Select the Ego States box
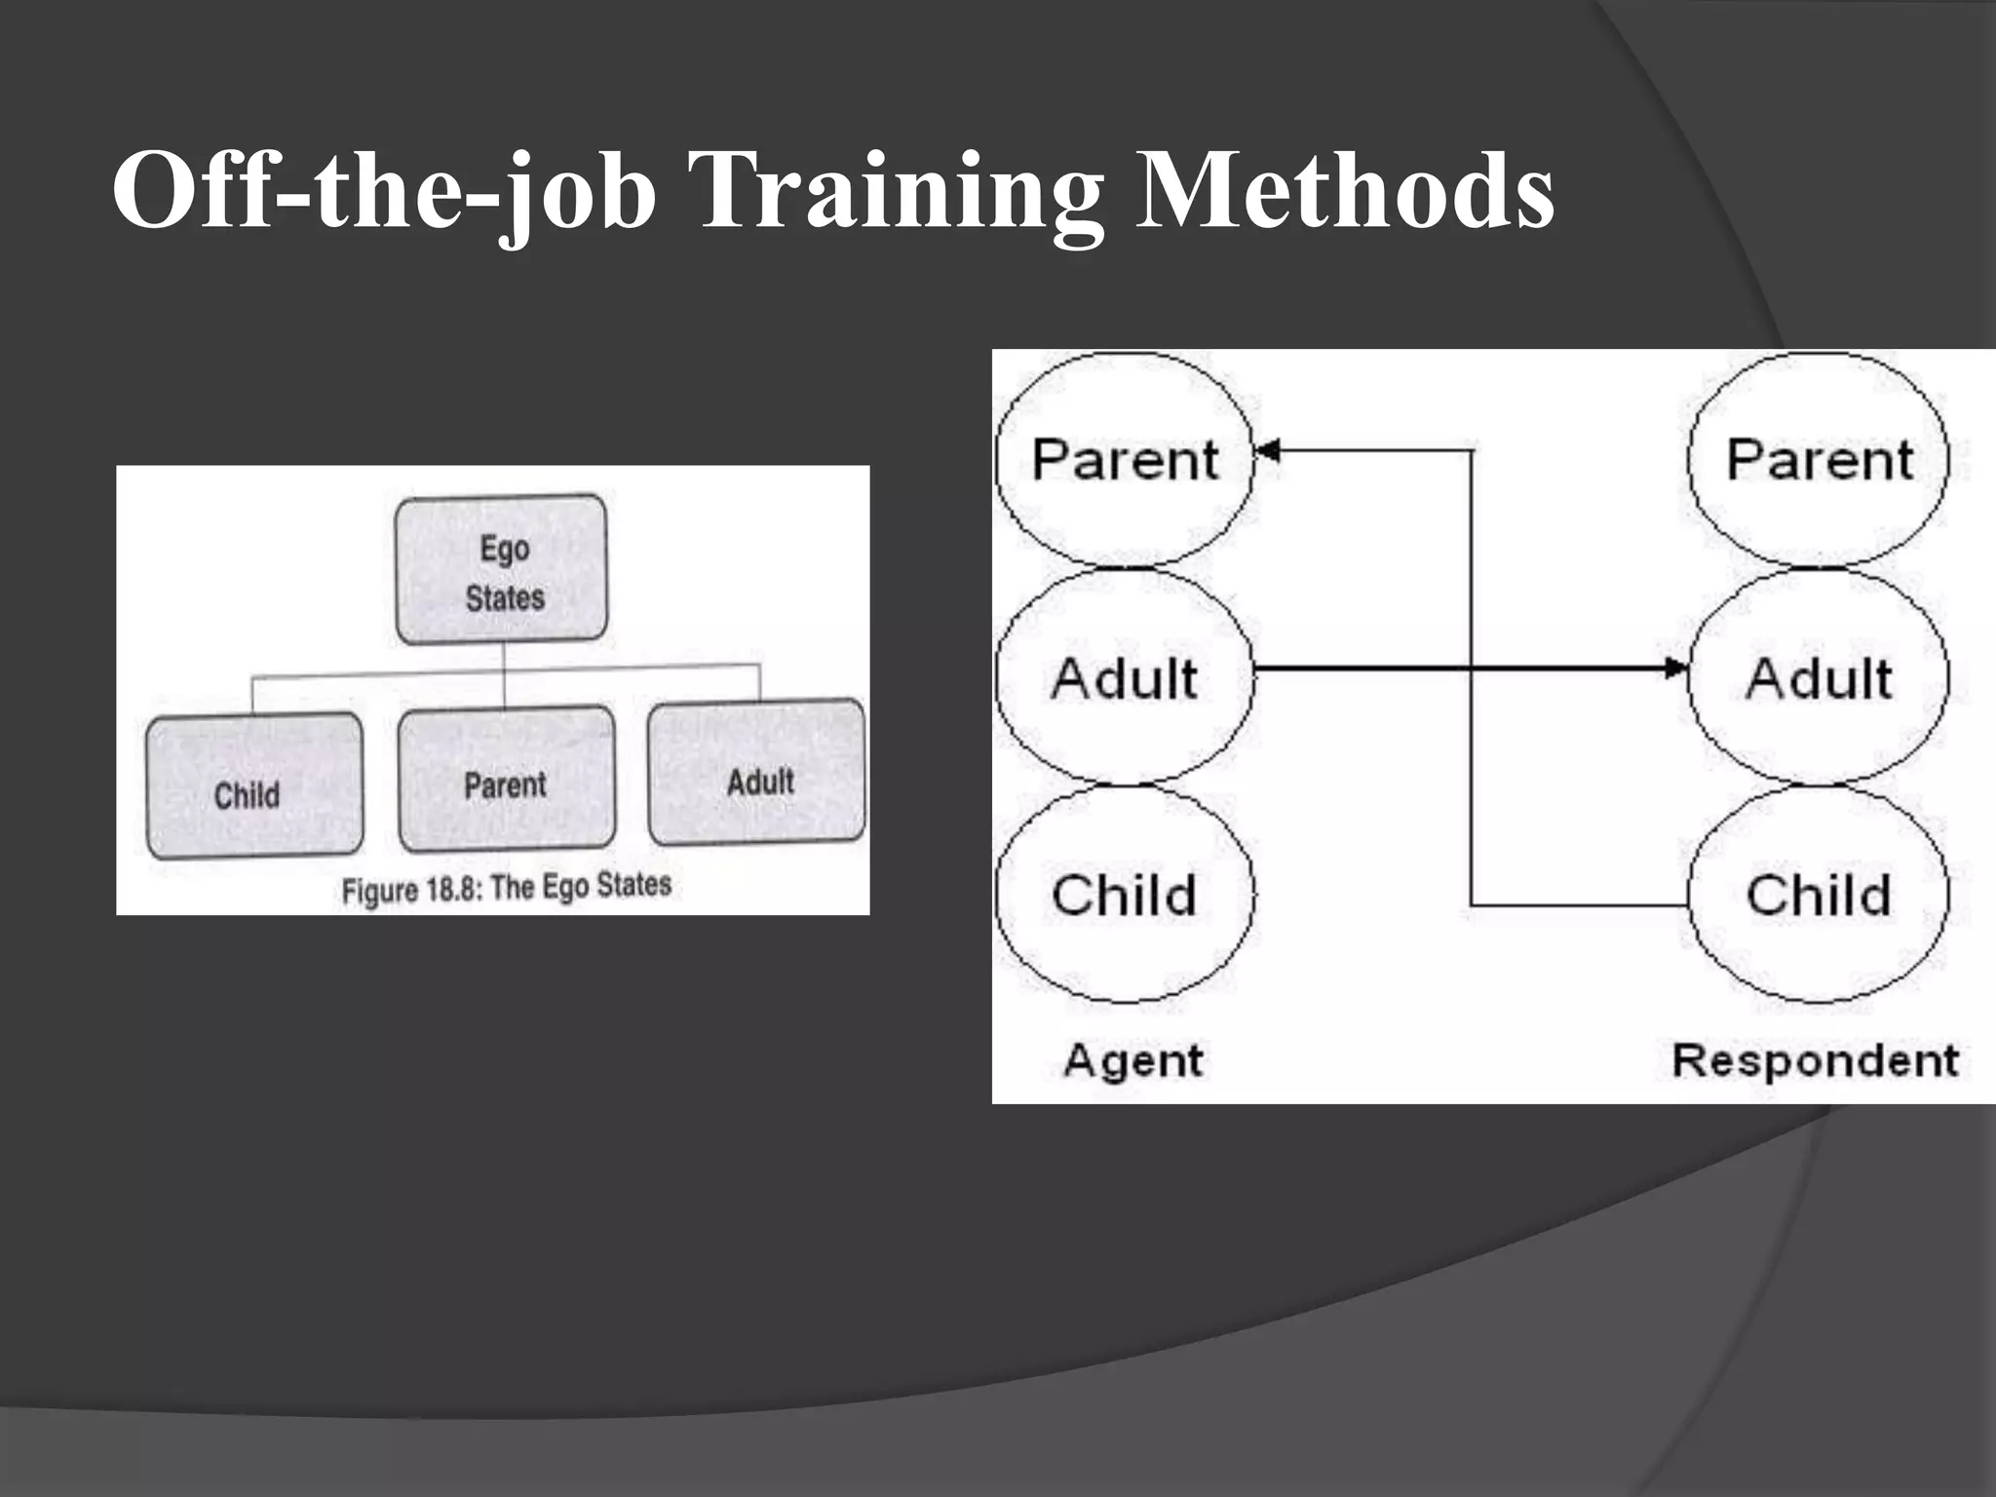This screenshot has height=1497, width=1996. click(x=502, y=570)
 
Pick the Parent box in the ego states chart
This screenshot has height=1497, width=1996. click(x=506, y=780)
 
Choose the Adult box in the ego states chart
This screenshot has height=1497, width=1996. click(x=757, y=773)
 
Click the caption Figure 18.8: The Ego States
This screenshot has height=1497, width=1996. click(x=506, y=888)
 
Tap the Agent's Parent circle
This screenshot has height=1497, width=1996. click(x=1125, y=459)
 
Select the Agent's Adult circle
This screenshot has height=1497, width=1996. click(x=1125, y=677)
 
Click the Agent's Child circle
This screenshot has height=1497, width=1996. click(x=1125, y=895)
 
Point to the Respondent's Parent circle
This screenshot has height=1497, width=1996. click(x=1819, y=459)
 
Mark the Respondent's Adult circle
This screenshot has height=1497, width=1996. click(x=1819, y=677)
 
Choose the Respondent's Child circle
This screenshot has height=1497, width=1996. click(x=1819, y=895)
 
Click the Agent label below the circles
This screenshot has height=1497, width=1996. click(x=1133, y=1059)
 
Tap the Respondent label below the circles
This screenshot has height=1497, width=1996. click(x=1815, y=1059)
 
